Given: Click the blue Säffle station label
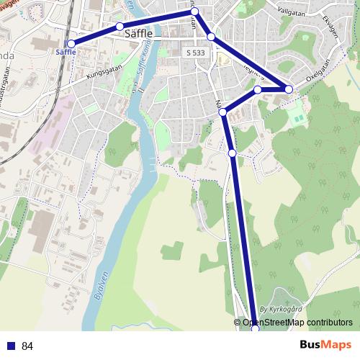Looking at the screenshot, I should click(x=66, y=52).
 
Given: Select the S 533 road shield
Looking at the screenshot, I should click(x=194, y=53).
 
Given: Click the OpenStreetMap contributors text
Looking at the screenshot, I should click(x=297, y=323).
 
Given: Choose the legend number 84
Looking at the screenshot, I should click(x=27, y=346).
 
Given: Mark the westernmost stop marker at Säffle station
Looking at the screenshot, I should click(x=71, y=44).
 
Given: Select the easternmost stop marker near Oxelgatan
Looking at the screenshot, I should click(x=289, y=89).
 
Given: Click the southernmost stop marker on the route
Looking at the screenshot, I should click(x=254, y=328).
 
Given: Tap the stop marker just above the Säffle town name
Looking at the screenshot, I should click(x=120, y=27).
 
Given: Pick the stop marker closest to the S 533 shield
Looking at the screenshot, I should click(x=211, y=36).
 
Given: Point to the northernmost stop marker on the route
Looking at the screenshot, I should click(x=194, y=12).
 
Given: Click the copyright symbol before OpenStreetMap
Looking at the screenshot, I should click(x=238, y=323).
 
